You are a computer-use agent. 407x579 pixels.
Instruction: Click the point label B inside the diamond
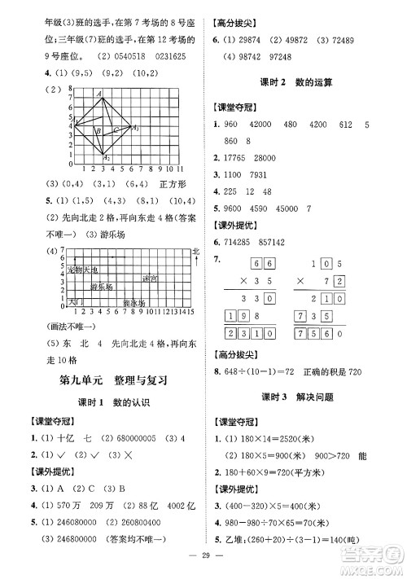click(x=97, y=131)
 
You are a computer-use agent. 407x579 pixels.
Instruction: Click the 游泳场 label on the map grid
click(x=133, y=303)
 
